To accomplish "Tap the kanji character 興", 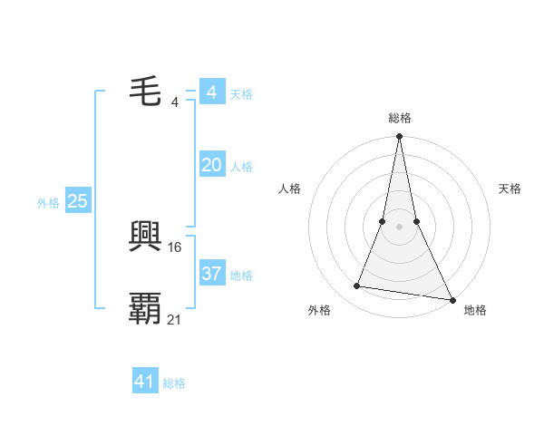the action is point(145,237).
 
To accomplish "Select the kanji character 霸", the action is point(145,308).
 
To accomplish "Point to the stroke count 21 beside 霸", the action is point(175,319).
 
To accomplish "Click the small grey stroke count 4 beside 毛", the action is point(175,102).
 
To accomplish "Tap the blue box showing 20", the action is point(211,164).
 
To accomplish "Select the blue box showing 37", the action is point(211,273).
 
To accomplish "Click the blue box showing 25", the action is point(78,201).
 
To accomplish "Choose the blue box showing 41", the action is point(145,382).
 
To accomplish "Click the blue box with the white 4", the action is point(211,92).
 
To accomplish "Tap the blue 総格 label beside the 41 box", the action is point(174,383).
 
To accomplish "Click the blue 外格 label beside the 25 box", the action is point(48,203).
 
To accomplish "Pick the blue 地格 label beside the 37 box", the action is point(241,275).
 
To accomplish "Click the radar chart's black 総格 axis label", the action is point(399,119).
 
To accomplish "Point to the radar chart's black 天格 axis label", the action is point(510,189).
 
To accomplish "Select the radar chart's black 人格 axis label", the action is point(290,189).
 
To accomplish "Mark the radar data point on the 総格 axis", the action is point(399,137).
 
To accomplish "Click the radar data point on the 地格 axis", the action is point(452,299).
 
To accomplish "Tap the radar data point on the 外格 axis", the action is point(357,286).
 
